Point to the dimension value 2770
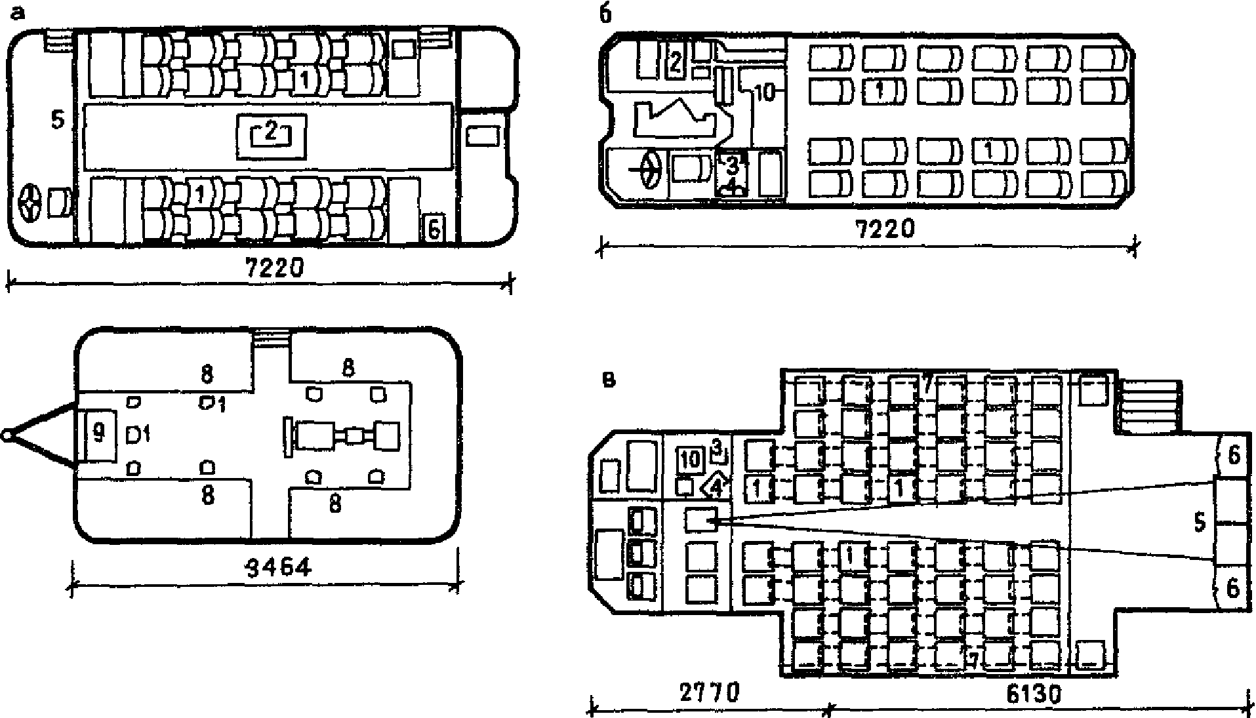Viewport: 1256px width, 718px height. pyautogui.click(x=707, y=692)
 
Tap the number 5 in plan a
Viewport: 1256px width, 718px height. pyautogui.click(x=58, y=121)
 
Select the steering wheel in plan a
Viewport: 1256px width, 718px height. pyautogui.click(x=30, y=203)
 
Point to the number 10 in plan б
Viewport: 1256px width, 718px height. pyautogui.click(x=763, y=93)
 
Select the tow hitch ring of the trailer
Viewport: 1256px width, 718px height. pyautogui.click(x=7, y=435)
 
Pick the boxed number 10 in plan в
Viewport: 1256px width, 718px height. pyautogui.click(x=690, y=459)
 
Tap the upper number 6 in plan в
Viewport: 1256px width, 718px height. pyautogui.click(x=1233, y=456)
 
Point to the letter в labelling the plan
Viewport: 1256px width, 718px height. pyautogui.click(x=609, y=380)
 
